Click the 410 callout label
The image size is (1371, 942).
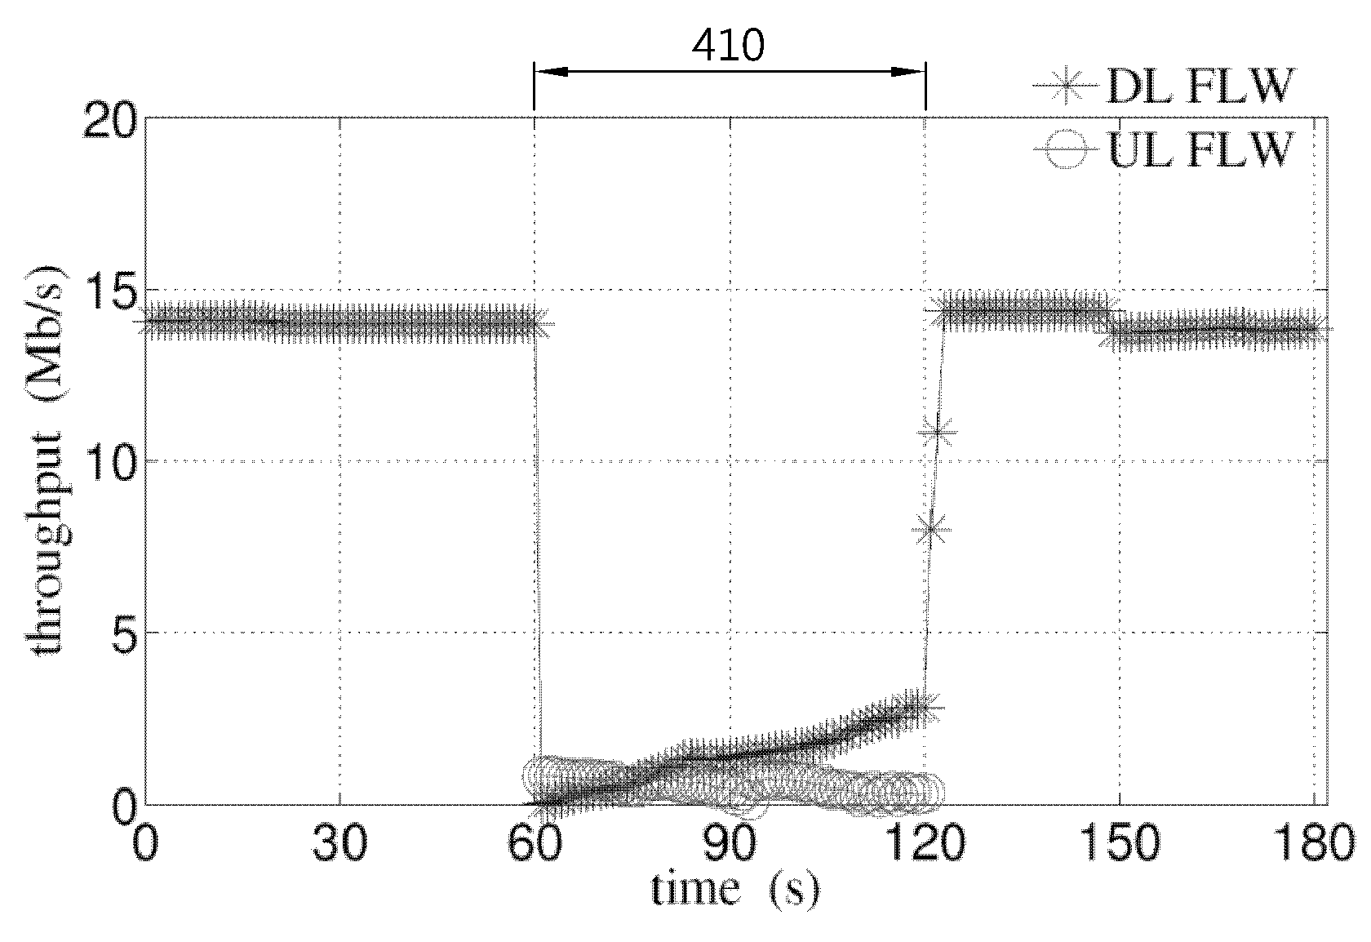(x=728, y=45)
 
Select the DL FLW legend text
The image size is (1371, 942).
(x=1200, y=87)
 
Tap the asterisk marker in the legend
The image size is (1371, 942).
(x=1066, y=87)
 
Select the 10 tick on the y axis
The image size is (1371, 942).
(x=109, y=461)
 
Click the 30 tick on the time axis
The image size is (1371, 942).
(x=339, y=843)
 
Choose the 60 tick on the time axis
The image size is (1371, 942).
(x=535, y=843)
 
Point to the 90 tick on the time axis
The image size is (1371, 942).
(x=729, y=843)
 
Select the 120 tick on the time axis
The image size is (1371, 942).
(x=925, y=843)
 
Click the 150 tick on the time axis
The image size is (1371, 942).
(x=1120, y=843)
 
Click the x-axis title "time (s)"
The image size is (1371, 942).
(x=734, y=891)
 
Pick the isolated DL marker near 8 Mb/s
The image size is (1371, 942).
(x=932, y=529)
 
